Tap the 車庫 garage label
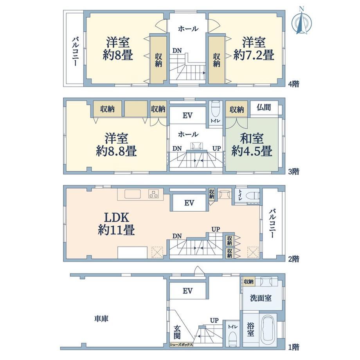[101, 319]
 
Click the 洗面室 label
[261, 298]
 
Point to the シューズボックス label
[181, 345]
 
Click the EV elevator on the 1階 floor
[187, 291]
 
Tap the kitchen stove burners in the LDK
[154, 194]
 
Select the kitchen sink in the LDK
[133, 194]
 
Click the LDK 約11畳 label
[116, 223]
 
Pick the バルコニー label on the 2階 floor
[272, 223]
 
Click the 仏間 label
[264, 107]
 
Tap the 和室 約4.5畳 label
[252, 145]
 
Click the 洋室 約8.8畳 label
[116, 145]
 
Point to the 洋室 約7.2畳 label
[254, 49]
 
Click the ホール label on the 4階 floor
[188, 29]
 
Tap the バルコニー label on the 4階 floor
[75, 51]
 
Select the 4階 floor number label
[293, 84]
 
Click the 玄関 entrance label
[177, 333]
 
